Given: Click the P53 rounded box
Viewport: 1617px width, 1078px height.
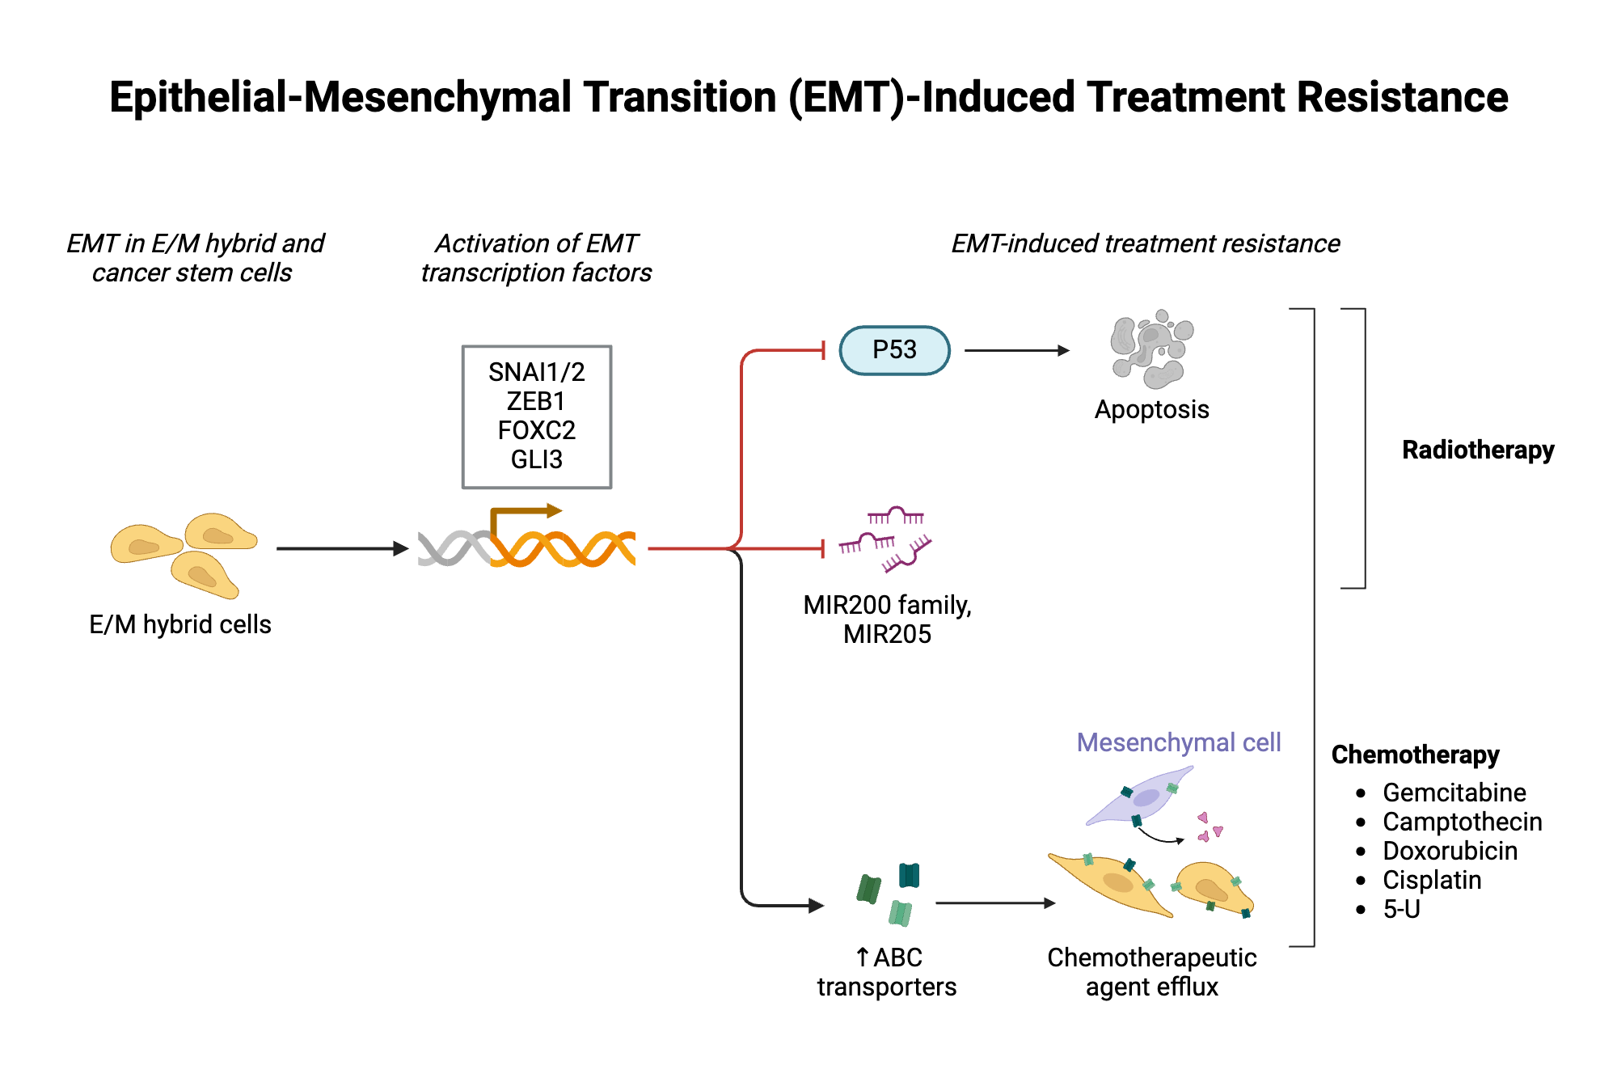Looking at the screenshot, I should coord(894,350).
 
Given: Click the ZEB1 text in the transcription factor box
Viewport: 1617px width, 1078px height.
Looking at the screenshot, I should coord(536,401).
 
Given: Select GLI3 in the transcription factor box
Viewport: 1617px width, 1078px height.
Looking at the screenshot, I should coord(536,459).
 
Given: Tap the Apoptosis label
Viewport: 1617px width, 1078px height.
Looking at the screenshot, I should coord(1151,410).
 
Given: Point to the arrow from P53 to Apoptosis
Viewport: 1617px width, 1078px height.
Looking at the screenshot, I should coord(1016,350).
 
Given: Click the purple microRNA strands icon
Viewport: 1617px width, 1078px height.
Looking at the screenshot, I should coord(886,538).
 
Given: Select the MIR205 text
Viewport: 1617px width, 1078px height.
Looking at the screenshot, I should coord(887,635).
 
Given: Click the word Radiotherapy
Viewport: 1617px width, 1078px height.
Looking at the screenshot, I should coord(1477,450).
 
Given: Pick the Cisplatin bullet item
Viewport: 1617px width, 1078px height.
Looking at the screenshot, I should coord(1432,880).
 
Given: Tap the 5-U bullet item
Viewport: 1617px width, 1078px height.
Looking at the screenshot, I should coord(1401,909).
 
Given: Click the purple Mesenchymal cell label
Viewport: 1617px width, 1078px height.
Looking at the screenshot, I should coord(1178,742).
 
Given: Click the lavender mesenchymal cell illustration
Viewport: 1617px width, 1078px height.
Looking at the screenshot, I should coord(1140,800).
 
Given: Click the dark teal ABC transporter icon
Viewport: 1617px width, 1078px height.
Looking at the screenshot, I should coord(909,875).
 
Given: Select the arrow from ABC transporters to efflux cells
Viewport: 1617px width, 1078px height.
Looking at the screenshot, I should coord(994,903).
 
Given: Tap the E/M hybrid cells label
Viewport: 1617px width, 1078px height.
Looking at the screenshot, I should coord(180,624).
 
